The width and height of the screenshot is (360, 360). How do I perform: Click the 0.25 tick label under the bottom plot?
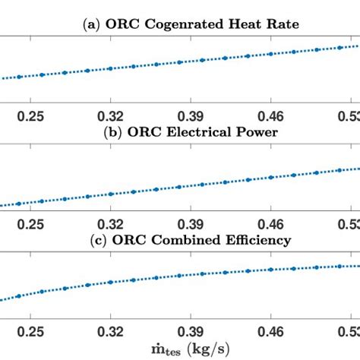point(31,333)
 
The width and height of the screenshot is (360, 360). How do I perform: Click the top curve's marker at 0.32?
point(111,69)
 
